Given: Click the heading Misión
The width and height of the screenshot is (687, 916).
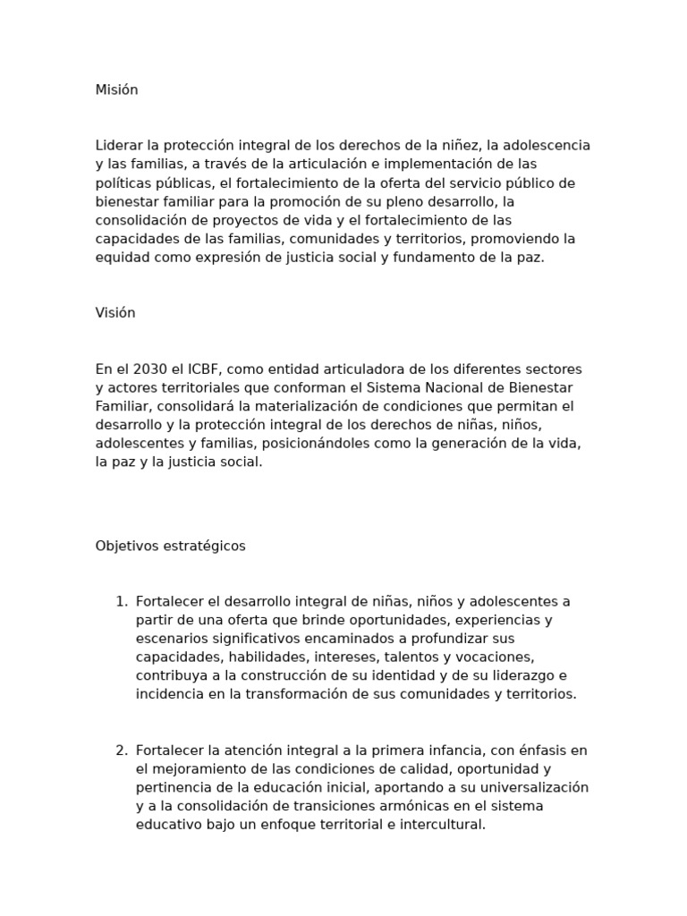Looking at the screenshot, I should pos(116,90).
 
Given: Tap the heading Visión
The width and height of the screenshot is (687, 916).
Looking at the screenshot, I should pos(115,313).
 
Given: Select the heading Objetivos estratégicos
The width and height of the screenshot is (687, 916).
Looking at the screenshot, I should pos(170,546).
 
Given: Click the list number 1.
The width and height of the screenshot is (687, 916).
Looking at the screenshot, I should pos(122,601).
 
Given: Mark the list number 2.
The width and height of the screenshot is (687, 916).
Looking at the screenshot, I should pos(122,751).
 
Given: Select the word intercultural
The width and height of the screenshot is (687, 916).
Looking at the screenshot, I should pos(442,825).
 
